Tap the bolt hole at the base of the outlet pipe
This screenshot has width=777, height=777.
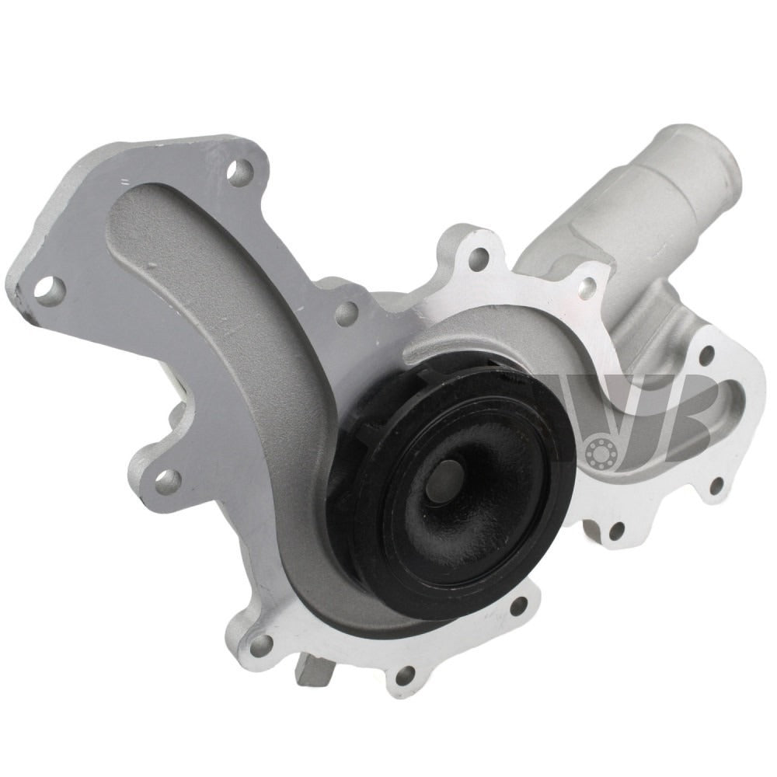[588, 288]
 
